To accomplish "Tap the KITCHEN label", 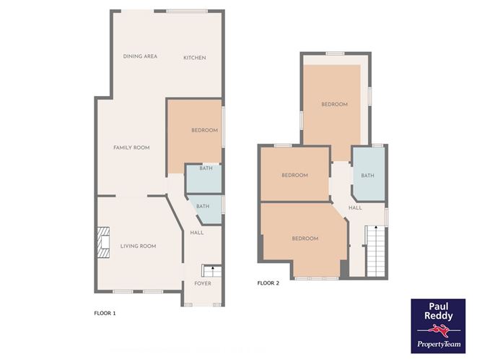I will pos(194,57).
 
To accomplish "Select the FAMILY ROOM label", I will pos(131,147).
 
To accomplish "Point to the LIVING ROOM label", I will pos(138,246).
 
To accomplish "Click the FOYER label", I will pos(203,283).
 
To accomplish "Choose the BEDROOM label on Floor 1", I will pos(204,130).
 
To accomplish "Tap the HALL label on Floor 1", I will pos(197,233).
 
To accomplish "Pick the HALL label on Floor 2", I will pos(355,208).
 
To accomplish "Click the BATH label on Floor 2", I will pos(368,176).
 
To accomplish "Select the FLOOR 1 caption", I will pos(105,314).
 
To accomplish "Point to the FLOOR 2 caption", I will pos(268,283).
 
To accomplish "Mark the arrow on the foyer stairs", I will pos(212,269).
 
